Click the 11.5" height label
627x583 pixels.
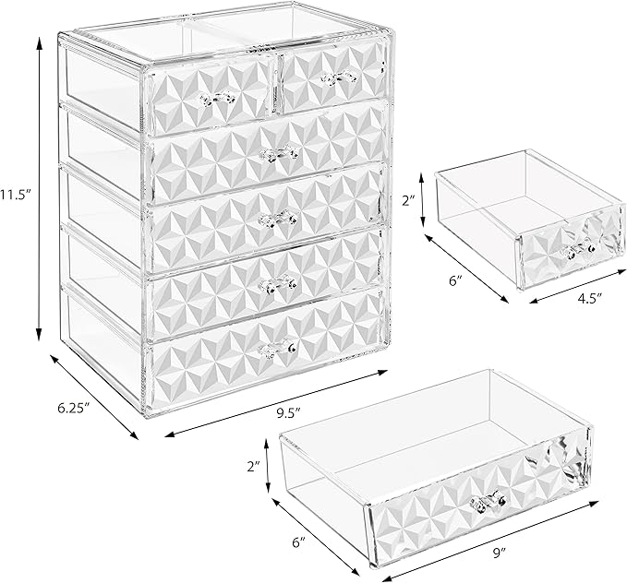tap(16, 196)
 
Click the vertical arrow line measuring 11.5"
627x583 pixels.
tap(40, 196)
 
